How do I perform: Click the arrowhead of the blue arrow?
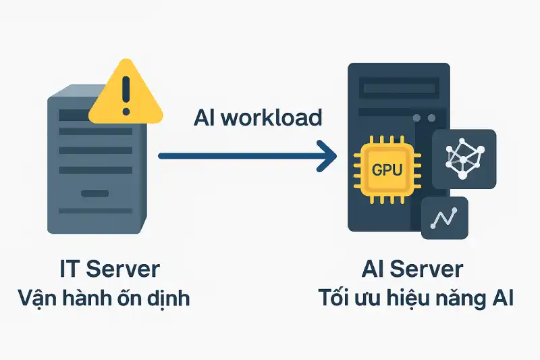coord(327,156)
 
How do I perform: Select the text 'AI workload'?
coord(258,118)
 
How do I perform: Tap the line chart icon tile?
coord(445,218)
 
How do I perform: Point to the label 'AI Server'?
coord(412,269)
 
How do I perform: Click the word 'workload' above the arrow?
coord(276,118)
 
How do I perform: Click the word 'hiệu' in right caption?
coord(410,297)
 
